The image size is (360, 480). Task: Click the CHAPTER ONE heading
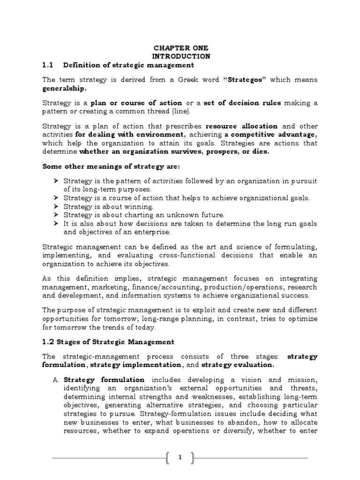(180, 48)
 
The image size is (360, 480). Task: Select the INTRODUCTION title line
(180, 56)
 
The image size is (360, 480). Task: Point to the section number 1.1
(49, 65)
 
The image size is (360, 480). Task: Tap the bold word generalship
(64, 88)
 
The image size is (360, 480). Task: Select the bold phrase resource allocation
(241, 127)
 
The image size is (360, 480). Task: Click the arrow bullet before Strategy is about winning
(56, 207)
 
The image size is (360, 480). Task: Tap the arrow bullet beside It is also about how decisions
(56, 224)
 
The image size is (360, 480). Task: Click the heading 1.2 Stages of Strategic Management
(108, 342)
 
